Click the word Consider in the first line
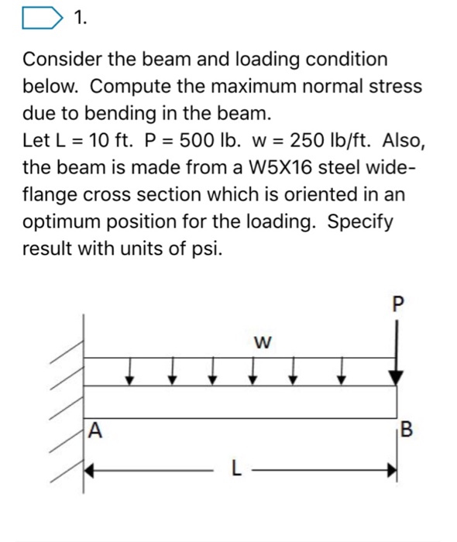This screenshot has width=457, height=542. (64, 60)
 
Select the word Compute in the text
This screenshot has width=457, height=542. (139, 87)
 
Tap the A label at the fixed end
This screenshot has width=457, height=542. (95, 427)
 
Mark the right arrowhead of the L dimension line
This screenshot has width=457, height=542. (393, 468)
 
